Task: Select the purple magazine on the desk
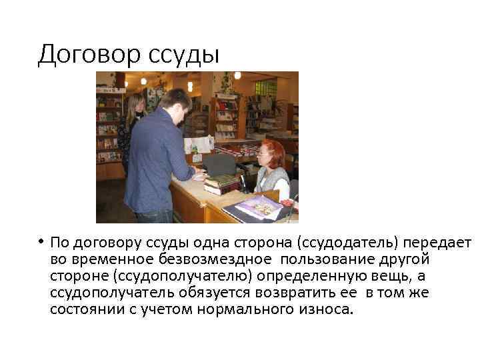click(x=259, y=207)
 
